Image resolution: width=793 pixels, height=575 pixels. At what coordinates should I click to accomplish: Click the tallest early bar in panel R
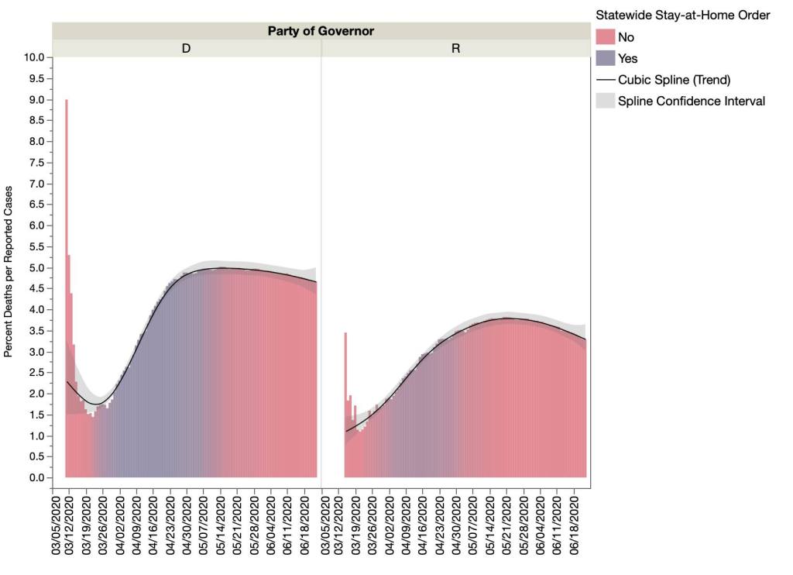pyautogui.click(x=345, y=403)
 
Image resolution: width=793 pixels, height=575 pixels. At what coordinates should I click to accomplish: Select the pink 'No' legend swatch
pyautogui.click(x=605, y=37)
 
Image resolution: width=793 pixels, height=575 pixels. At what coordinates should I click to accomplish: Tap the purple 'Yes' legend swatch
pyautogui.click(x=605, y=58)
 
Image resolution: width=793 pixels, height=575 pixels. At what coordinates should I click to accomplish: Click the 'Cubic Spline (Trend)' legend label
pyautogui.click(x=674, y=80)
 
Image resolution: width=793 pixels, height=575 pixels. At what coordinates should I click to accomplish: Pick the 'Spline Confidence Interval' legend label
pyautogui.click(x=691, y=101)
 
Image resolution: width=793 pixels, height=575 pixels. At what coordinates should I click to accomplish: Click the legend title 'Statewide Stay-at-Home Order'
pyautogui.click(x=682, y=15)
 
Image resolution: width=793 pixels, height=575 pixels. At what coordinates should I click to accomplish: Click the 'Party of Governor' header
pyautogui.click(x=321, y=31)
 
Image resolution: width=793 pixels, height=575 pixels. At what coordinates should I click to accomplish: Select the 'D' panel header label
pyautogui.click(x=186, y=48)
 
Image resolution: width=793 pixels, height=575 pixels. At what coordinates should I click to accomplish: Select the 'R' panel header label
pyautogui.click(x=455, y=48)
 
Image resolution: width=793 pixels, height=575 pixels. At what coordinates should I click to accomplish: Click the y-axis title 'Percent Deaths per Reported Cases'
pyautogui.click(x=9, y=271)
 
